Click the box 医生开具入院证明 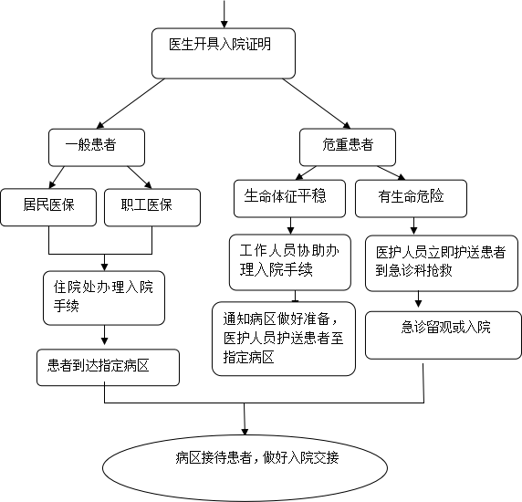pyautogui.click(x=224, y=53)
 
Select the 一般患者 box pyautogui.click(x=97, y=148)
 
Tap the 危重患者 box pyautogui.click(x=348, y=147)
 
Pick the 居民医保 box pyautogui.click(x=48, y=207)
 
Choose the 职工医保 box pyautogui.click(x=152, y=207)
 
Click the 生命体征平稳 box pyautogui.click(x=289, y=199)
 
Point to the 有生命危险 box pyautogui.click(x=412, y=199)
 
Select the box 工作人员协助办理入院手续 pyautogui.click(x=290, y=262)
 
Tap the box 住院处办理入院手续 pyautogui.click(x=104, y=298)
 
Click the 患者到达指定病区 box pyautogui.click(x=109, y=368)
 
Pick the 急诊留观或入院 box pyautogui.click(x=444, y=335)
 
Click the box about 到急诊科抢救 pyautogui.click(x=442, y=263)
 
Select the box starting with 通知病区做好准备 pyautogui.click(x=284, y=339)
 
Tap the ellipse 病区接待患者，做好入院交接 pyautogui.click(x=245, y=467)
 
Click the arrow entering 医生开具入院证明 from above pyautogui.click(x=224, y=14)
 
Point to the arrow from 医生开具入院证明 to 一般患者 pyautogui.click(x=130, y=103)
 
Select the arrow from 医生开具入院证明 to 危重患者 pyautogui.click(x=317, y=103)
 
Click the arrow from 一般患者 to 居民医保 pyautogui.click(x=57, y=177)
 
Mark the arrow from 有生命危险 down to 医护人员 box pyautogui.click(x=413, y=226)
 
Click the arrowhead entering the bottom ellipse pyautogui.click(x=245, y=432)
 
